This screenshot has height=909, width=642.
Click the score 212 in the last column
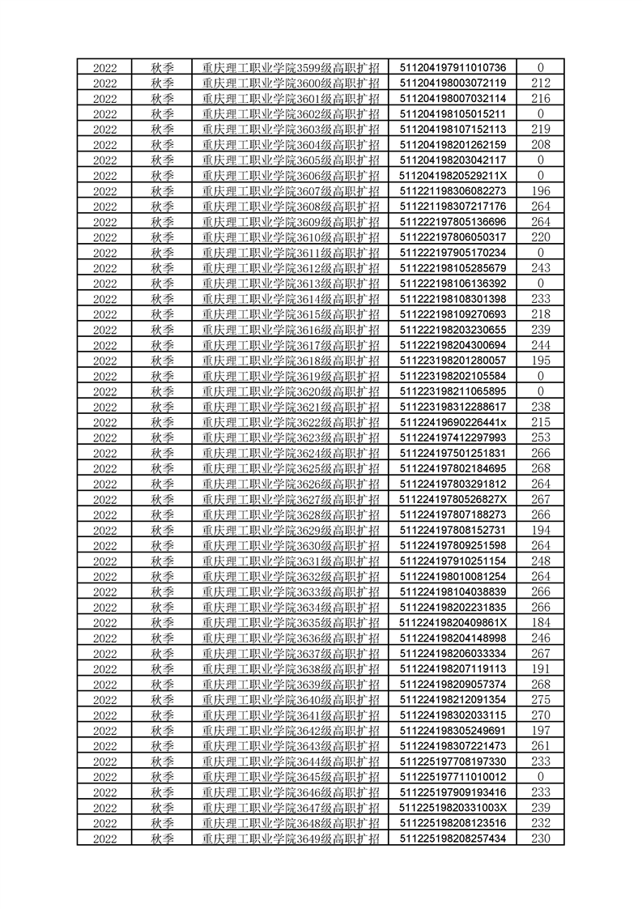coord(541,83)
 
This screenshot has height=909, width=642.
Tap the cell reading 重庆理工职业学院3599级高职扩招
coord(291,67)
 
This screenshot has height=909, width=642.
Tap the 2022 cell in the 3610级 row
coord(104,237)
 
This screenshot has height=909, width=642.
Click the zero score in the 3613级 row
coord(541,283)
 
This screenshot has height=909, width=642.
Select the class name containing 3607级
coord(291,190)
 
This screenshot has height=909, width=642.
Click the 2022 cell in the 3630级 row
coord(104,545)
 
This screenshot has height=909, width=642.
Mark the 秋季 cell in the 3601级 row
coord(163,98)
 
